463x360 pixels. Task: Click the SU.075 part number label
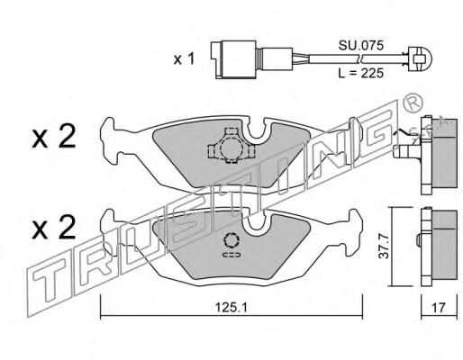(361, 46)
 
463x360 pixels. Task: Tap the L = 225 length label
(361, 73)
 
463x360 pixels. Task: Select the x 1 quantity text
(185, 59)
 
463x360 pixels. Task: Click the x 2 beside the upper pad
(54, 137)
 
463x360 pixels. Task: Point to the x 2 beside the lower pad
(54, 228)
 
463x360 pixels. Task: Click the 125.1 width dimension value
(231, 307)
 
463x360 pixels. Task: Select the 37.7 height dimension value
(384, 247)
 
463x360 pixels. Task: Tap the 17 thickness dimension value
(439, 308)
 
